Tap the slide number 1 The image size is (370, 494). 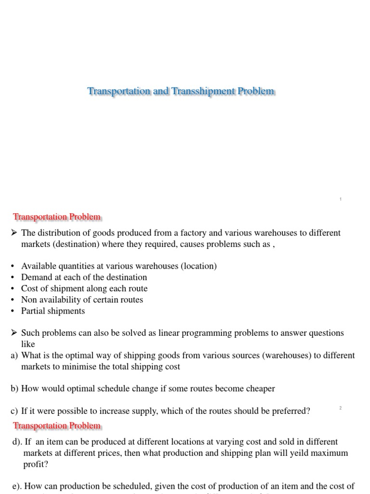pyautogui.click(x=340, y=199)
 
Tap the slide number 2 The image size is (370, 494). pyautogui.click(x=340, y=408)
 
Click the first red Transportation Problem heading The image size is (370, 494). pyautogui.click(x=57, y=217)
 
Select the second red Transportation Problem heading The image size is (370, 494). pyautogui.click(x=57, y=425)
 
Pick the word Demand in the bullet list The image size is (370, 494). pyautogui.click(x=36, y=277)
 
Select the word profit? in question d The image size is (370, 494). pyautogui.click(x=35, y=465)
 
